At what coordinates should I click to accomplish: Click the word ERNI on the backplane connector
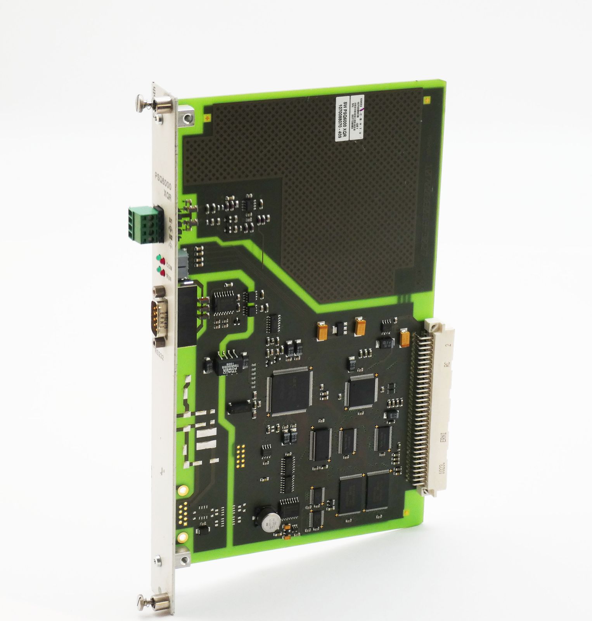coord(444,438)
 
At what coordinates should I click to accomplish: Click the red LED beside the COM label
coord(163,261)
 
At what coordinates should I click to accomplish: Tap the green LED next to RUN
coord(158,269)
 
